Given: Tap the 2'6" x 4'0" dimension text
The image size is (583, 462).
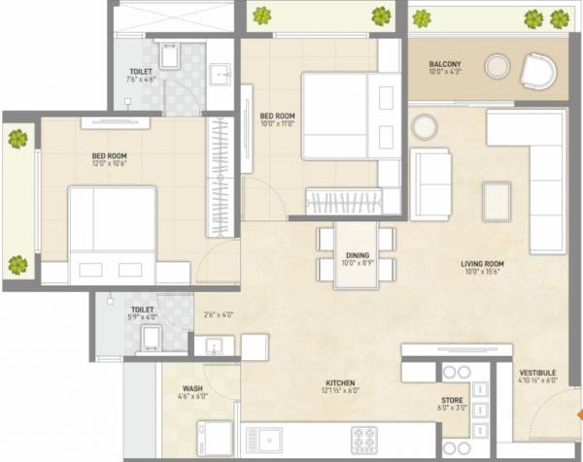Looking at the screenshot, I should pyautogui.click(x=219, y=313).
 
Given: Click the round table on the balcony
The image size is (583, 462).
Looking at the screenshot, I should pyautogui.click(x=497, y=66).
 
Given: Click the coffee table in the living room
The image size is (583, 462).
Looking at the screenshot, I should pyautogui.click(x=497, y=201).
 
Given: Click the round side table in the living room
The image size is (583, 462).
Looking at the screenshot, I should pyautogui.click(x=424, y=125).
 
